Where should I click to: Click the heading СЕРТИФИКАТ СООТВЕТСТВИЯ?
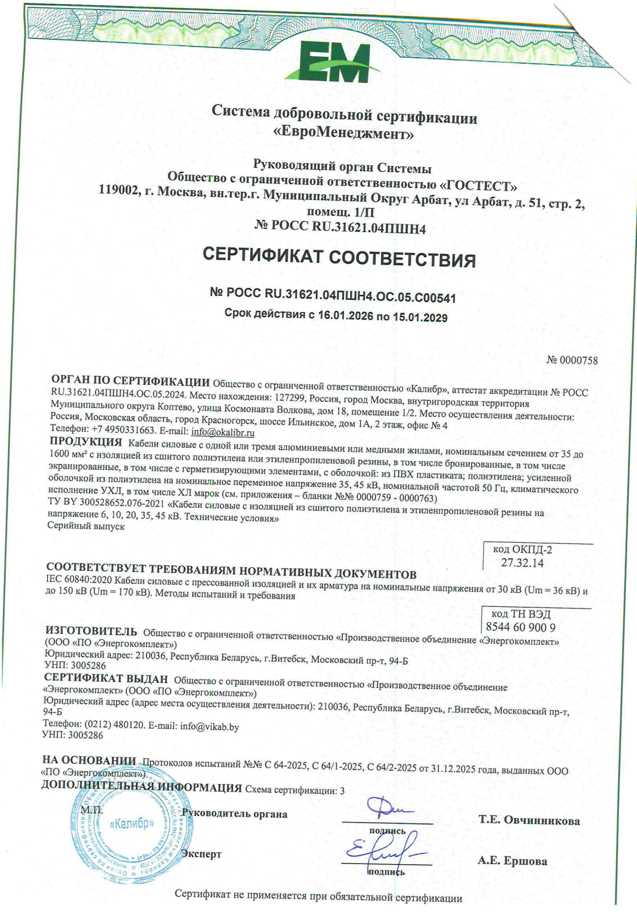click(339, 257)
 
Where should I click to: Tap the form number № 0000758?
click(572, 360)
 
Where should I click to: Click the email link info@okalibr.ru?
click(223, 432)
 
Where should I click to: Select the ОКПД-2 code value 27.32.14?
click(522, 563)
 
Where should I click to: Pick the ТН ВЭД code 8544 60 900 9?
click(520, 627)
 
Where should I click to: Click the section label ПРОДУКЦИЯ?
click(86, 441)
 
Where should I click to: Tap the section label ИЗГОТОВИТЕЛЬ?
click(91, 631)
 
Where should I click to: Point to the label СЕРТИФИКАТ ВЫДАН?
click(106, 679)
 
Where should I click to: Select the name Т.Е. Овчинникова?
click(529, 820)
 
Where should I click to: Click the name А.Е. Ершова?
click(512, 861)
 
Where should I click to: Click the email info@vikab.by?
click(209, 726)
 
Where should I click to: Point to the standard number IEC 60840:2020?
click(78, 580)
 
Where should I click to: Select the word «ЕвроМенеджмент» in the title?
click(344, 134)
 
